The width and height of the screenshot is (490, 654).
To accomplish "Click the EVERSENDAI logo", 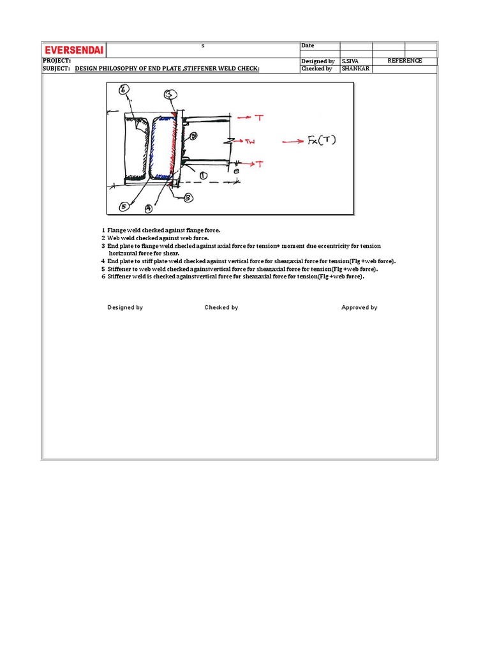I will click(74, 50).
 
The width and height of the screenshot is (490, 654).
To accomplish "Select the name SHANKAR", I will click(355, 68).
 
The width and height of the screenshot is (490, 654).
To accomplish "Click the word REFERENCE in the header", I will click(405, 61).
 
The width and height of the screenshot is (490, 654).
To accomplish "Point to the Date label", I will click(308, 46).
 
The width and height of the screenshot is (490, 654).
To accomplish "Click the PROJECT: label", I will click(57, 60).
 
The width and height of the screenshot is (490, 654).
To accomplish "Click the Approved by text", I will click(359, 307).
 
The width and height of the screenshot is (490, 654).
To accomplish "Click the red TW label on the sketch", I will click(250, 142).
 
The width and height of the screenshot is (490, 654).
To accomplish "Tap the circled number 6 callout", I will click(124, 89).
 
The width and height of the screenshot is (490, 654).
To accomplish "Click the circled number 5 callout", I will click(124, 206).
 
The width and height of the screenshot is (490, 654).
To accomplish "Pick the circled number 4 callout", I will click(148, 208).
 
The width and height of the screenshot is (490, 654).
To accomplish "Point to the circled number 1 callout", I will click(203, 174).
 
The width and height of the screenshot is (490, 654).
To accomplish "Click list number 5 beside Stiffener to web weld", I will click(103, 269).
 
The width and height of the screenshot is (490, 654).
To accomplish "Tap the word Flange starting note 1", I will click(117, 230).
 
